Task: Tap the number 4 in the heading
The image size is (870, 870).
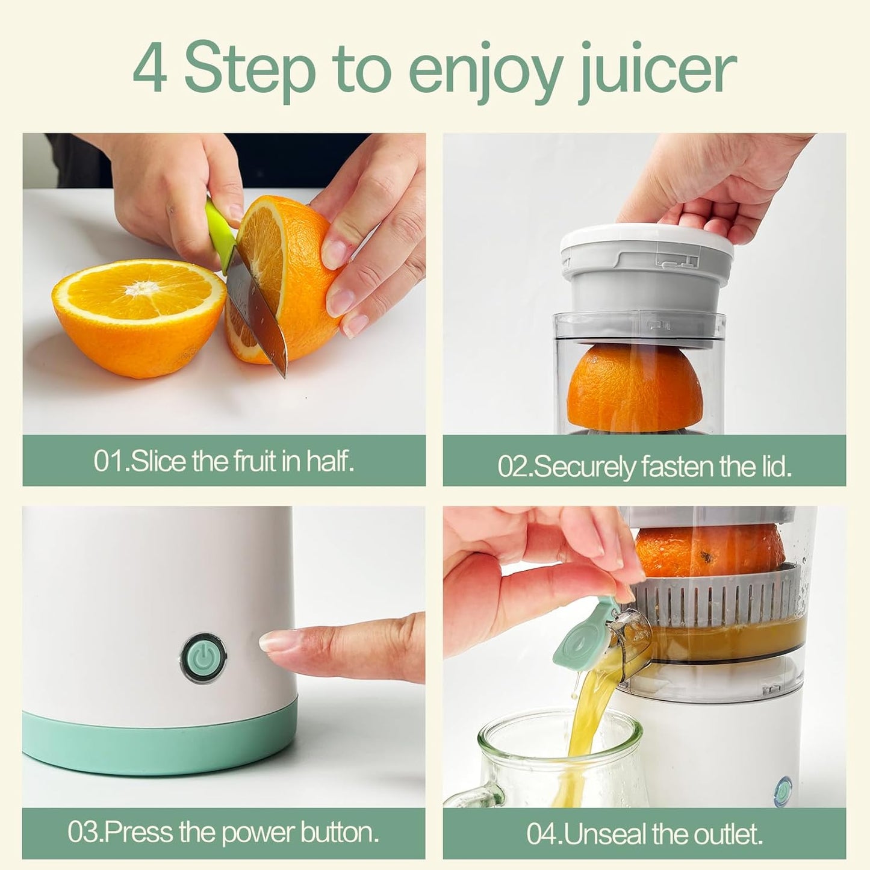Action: point(149,68)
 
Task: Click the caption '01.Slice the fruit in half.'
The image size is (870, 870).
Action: point(223,461)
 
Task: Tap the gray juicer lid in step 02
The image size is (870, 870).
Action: point(647,265)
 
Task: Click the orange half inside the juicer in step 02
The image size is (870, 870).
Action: point(635,385)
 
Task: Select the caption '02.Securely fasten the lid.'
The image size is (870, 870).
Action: point(644,467)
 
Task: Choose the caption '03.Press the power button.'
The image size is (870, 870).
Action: point(223,833)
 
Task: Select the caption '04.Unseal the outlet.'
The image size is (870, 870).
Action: point(644,834)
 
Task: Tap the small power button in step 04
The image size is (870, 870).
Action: point(783,789)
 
